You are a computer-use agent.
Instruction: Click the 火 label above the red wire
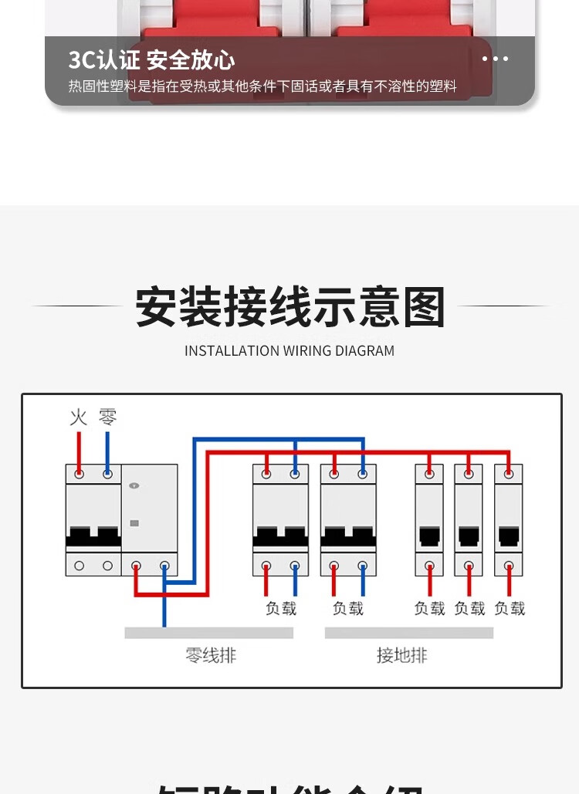point(79,417)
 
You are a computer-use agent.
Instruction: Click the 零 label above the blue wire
point(107,417)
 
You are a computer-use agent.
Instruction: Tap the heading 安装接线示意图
point(290,307)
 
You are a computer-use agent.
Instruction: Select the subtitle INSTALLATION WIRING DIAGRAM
point(289,351)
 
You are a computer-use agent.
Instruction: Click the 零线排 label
point(211,656)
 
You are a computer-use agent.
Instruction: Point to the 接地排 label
point(401,656)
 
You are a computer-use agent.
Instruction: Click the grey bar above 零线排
point(208,633)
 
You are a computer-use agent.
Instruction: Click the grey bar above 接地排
point(408,633)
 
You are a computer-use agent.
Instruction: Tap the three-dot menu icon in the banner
point(495,59)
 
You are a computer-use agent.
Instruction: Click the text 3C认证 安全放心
point(151,59)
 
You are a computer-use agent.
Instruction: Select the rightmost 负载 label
point(510,609)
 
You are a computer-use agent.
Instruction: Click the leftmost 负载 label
point(281,609)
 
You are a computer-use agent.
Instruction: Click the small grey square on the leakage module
point(135,522)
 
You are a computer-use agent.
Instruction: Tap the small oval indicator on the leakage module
point(135,485)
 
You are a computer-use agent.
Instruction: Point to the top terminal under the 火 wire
point(80,474)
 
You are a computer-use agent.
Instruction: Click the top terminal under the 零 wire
point(107,474)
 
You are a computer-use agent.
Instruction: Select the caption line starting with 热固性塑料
point(262,86)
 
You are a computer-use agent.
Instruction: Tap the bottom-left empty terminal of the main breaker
point(80,566)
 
